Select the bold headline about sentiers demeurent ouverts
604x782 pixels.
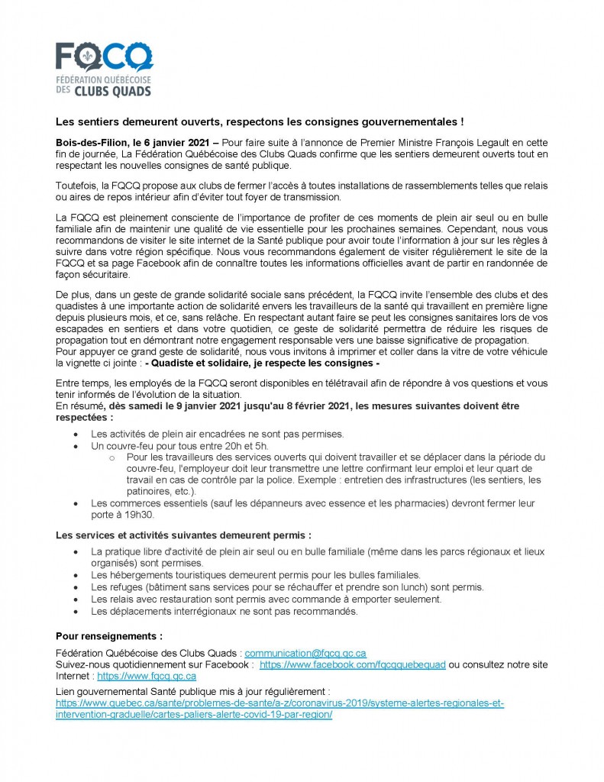click(260, 121)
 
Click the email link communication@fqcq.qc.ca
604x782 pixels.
click(305, 653)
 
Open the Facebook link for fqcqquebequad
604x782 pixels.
click(352, 664)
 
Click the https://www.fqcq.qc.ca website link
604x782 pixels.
click(147, 676)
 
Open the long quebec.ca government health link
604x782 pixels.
click(279, 703)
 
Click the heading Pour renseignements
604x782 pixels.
click(109, 635)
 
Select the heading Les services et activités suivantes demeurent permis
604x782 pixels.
click(183, 535)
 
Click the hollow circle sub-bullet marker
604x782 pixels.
click(111, 457)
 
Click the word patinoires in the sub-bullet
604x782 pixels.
click(149, 491)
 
